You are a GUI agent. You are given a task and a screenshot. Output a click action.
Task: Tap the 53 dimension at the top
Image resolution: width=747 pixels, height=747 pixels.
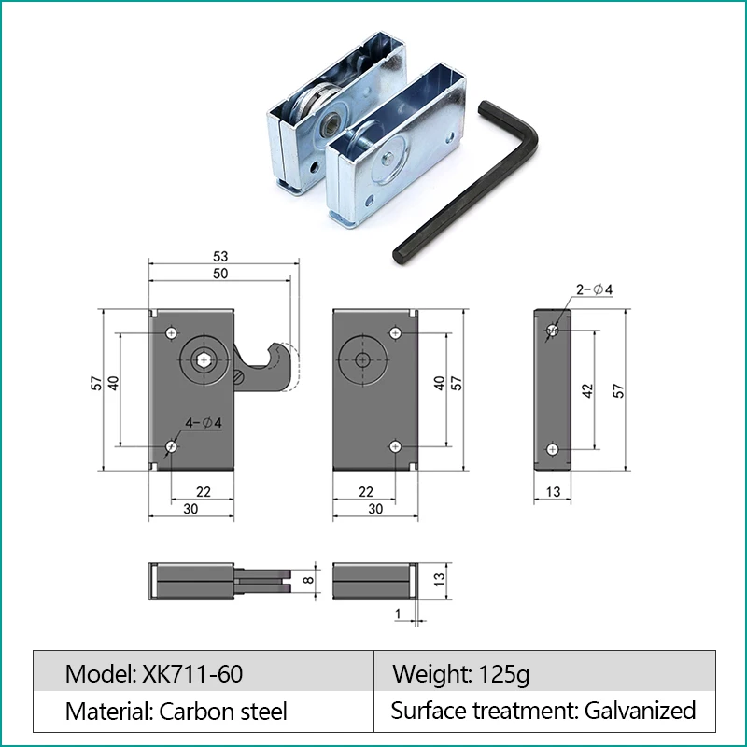(220, 256)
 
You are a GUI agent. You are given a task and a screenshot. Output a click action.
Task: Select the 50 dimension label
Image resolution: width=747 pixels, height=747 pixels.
(220, 273)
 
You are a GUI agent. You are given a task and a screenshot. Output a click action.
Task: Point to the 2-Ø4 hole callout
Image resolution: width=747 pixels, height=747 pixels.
(594, 289)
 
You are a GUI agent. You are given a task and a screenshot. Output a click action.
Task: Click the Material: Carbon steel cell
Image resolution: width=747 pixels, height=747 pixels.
(176, 711)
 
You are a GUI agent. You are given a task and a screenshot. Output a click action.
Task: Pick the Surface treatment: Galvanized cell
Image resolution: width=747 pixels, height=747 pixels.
(543, 711)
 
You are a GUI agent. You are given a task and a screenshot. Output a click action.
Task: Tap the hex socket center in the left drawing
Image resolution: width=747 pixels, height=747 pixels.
(204, 359)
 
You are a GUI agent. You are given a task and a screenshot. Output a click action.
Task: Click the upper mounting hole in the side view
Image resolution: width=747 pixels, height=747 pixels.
(552, 331)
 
